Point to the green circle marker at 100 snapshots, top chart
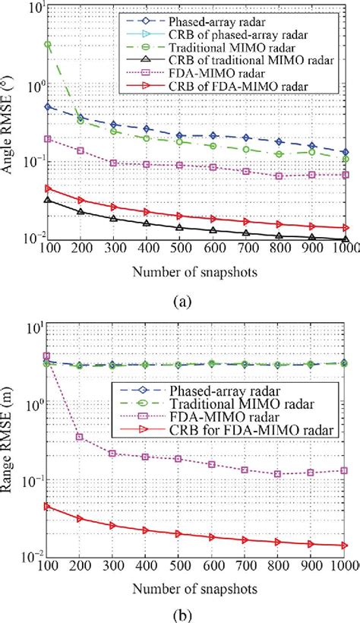[49, 45]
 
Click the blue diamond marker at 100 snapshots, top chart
[49, 107]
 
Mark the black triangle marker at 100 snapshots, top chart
[49, 201]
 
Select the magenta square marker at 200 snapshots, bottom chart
[81, 437]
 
